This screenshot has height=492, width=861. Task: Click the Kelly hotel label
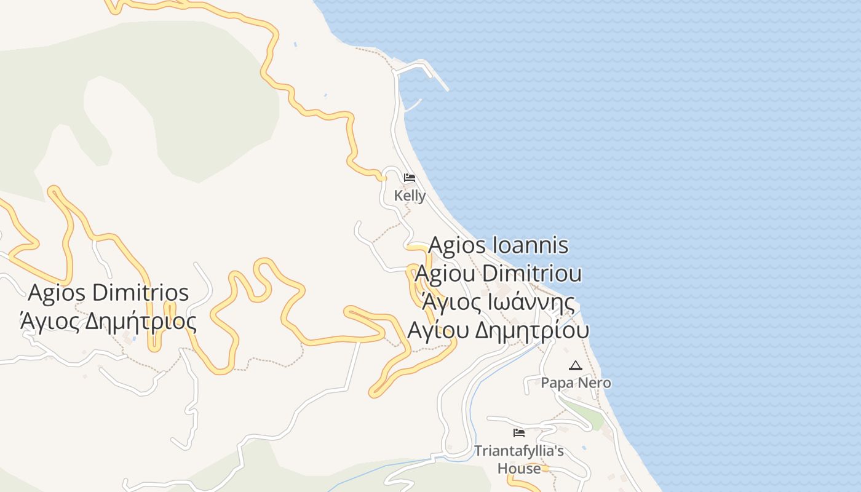coord(410,196)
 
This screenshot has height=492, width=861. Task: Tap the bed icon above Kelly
coord(410,178)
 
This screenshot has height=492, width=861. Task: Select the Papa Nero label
coord(576,383)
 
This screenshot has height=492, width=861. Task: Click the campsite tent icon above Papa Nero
coord(575,366)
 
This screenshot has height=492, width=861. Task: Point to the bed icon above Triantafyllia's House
coord(518,433)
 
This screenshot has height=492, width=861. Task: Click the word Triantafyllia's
coord(518,451)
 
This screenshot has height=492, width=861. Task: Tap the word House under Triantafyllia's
coord(519,468)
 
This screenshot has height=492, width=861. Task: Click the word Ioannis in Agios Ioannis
coord(531,245)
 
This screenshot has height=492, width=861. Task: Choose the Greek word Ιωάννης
coord(532,302)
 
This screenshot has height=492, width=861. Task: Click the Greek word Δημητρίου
coord(533,330)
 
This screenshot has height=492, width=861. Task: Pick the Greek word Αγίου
coord(438,330)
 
